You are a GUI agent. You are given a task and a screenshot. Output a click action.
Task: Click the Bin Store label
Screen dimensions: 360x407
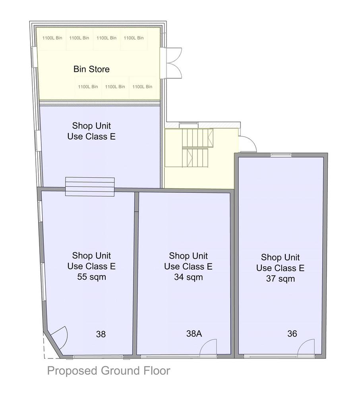tap(91, 69)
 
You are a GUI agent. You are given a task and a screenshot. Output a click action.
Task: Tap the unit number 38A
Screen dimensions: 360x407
tap(194, 333)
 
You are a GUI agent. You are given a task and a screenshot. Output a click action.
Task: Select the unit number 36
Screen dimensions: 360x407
tap(292, 333)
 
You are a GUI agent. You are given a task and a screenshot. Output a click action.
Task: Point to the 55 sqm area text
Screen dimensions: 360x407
tap(92, 277)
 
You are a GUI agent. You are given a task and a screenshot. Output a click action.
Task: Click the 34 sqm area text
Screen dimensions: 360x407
tap(188, 277)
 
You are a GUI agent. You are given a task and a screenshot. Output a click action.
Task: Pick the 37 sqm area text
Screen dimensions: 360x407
tap(280, 279)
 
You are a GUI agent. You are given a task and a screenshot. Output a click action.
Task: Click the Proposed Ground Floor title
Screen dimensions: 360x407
tap(109, 371)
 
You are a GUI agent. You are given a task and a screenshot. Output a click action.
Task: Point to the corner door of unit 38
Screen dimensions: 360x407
tap(60, 335)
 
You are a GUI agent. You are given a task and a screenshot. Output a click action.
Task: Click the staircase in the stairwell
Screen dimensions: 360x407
tap(197, 148)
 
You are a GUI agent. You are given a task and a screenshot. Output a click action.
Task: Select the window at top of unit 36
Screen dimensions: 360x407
tap(281, 155)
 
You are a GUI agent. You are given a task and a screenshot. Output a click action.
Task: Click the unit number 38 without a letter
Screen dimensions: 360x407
tap(101, 334)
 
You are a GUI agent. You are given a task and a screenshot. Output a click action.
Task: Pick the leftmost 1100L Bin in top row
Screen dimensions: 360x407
tap(52, 38)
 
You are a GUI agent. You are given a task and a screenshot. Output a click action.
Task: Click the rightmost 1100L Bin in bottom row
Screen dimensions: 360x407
tap(142, 87)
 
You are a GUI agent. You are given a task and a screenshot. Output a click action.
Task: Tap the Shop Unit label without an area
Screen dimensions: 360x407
tap(91, 131)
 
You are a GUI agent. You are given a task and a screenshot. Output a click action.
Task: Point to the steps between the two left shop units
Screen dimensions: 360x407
tap(90, 186)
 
